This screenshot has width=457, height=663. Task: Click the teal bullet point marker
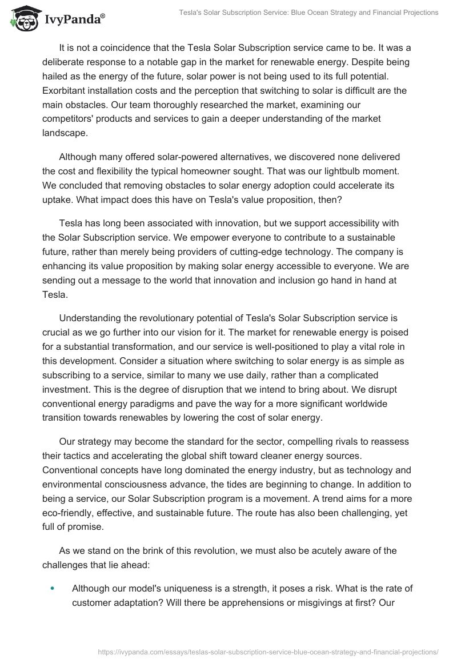pyautogui.click(x=53, y=588)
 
